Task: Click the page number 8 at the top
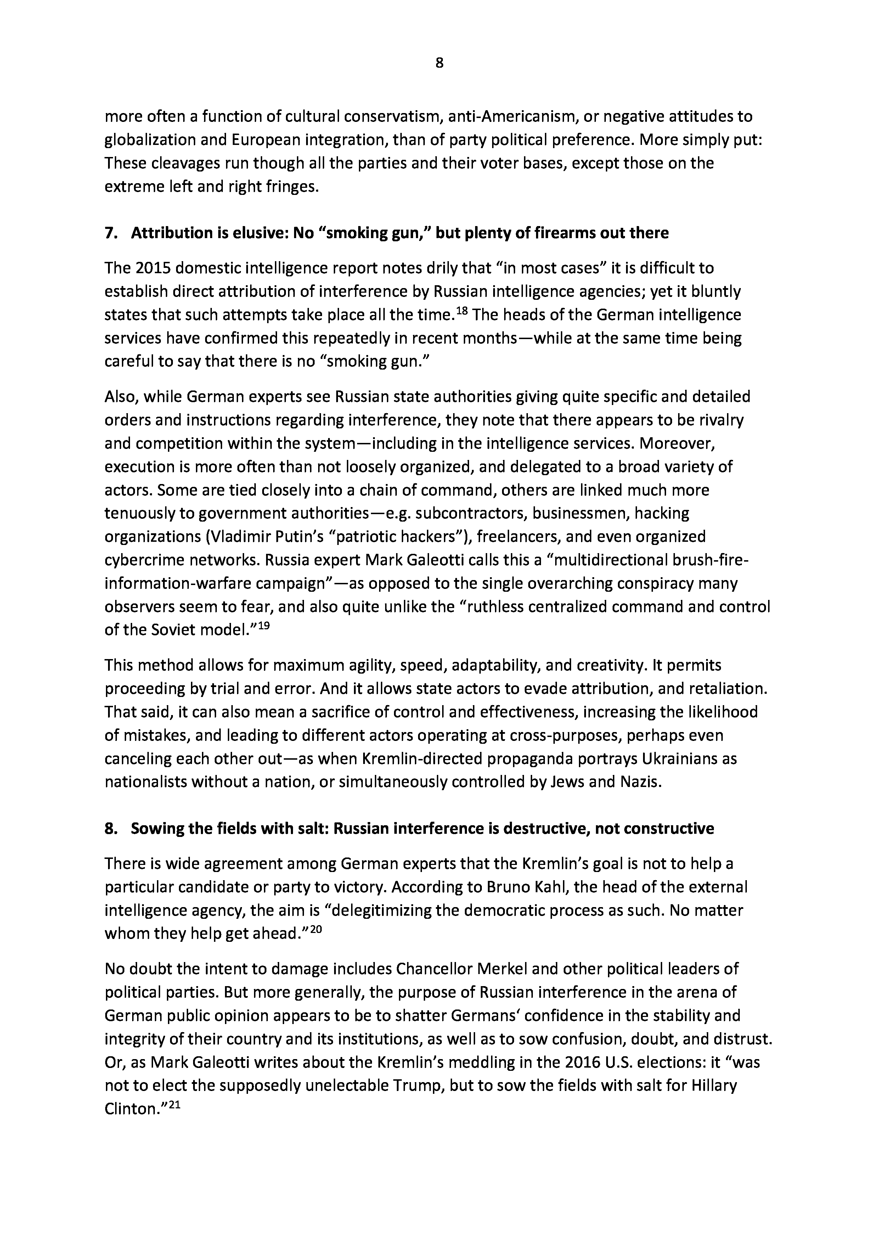439,63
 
